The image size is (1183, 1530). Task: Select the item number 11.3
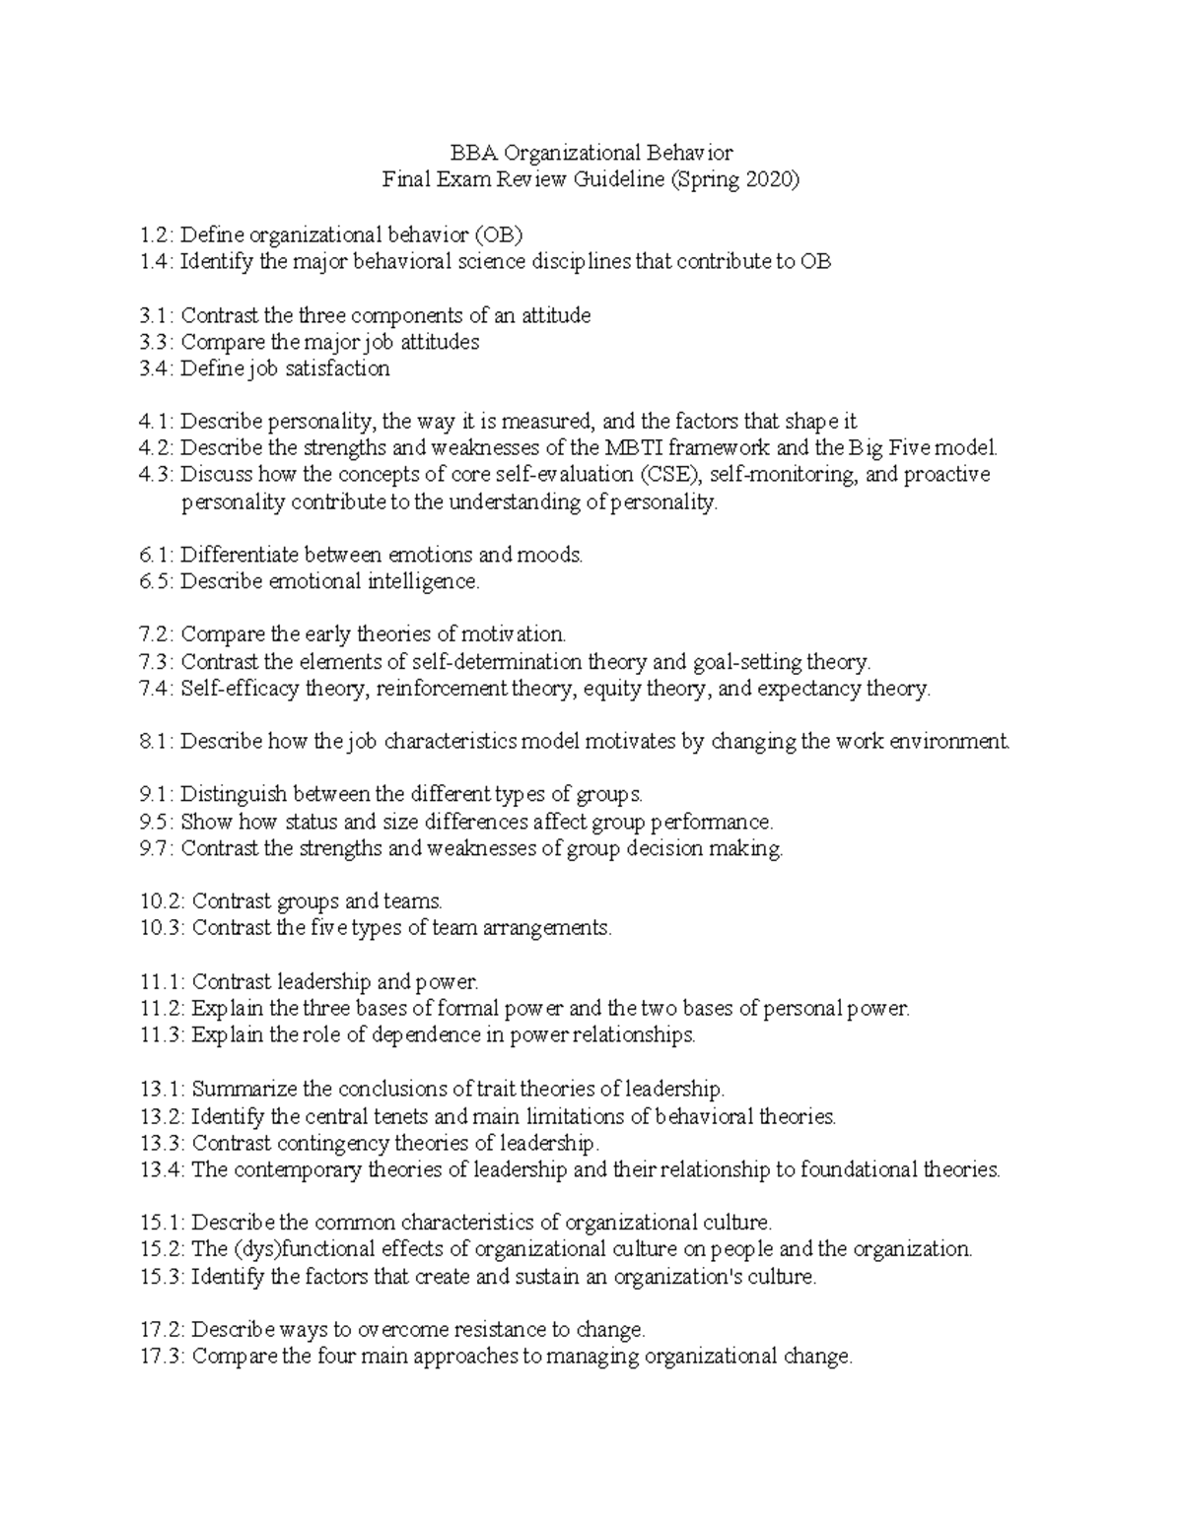[x=162, y=1035]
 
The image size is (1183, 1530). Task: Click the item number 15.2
[x=162, y=1249]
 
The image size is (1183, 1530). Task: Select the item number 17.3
[x=162, y=1357]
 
